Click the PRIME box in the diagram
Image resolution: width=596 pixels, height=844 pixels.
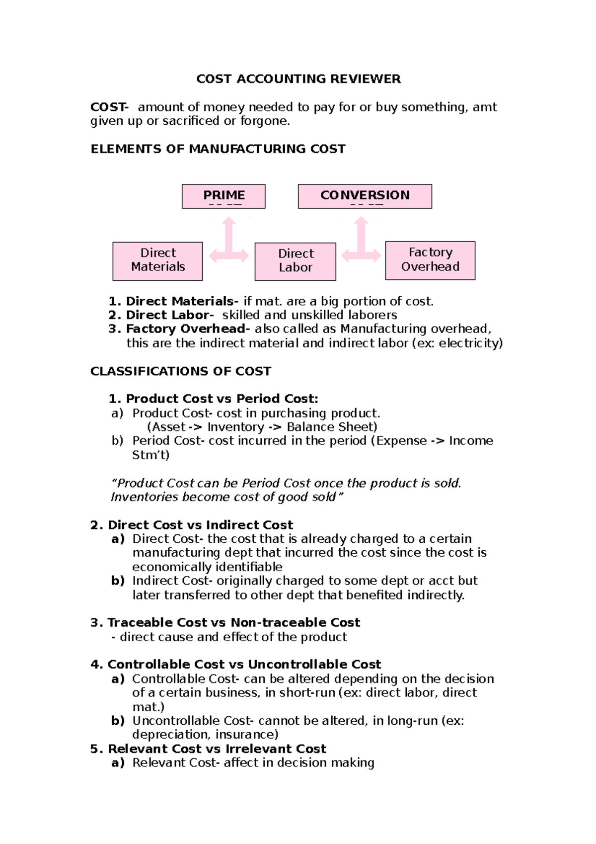[223, 196]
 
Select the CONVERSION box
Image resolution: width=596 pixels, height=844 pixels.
[365, 196]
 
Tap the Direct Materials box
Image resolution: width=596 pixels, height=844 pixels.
[157, 260]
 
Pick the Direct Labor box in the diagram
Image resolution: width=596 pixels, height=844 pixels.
[295, 261]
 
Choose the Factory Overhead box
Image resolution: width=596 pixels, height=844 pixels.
[430, 260]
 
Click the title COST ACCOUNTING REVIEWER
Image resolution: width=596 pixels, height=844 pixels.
[298, 79]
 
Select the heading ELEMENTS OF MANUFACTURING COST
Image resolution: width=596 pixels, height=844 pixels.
[218, 149]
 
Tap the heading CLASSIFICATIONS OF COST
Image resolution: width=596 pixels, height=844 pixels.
[181, 371]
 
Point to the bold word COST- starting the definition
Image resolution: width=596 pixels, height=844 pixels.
[109, 107]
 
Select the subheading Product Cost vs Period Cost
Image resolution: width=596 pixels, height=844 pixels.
[222, 399]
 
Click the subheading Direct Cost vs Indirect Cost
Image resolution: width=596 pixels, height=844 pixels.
[200, 525]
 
